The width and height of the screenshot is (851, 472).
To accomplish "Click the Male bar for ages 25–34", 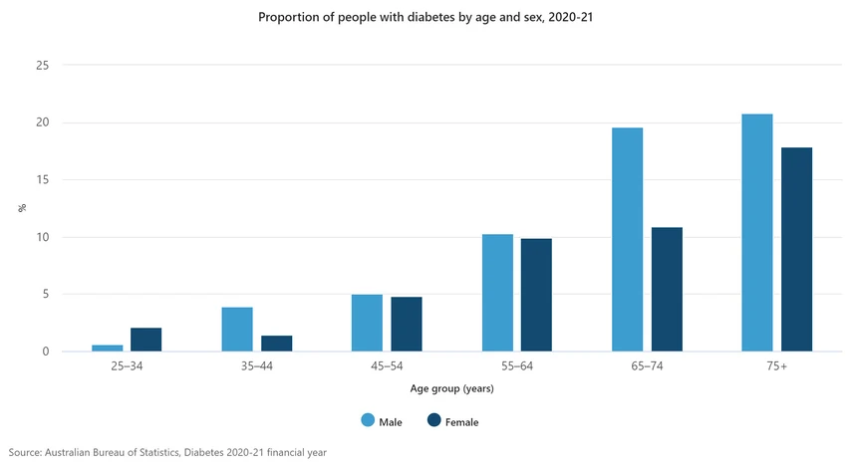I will coord(108,348).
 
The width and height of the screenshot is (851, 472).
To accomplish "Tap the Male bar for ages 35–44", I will coord(237,330).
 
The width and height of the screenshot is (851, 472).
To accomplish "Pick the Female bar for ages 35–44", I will coord(277,344).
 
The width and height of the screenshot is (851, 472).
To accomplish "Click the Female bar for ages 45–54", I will coord(407,325).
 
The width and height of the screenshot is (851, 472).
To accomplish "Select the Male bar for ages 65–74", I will coord(628,239).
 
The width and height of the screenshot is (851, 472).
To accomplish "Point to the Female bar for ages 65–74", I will coord(667,289).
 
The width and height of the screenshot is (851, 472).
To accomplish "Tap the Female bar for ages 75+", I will coord(796,249).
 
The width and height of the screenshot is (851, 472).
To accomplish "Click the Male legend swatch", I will coord(369,421).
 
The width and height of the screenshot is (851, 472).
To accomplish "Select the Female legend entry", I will coord(455,422).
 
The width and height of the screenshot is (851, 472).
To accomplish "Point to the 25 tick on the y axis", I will coord(42,66).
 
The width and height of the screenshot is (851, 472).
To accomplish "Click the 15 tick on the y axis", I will coord(42,180).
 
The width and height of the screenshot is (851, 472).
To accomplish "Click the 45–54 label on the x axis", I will coord(387,367).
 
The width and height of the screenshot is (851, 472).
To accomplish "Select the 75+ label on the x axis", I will coord(776,367).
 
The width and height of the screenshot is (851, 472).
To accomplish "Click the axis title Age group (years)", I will coord(451,388).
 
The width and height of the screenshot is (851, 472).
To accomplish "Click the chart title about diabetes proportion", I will coord(425,17).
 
